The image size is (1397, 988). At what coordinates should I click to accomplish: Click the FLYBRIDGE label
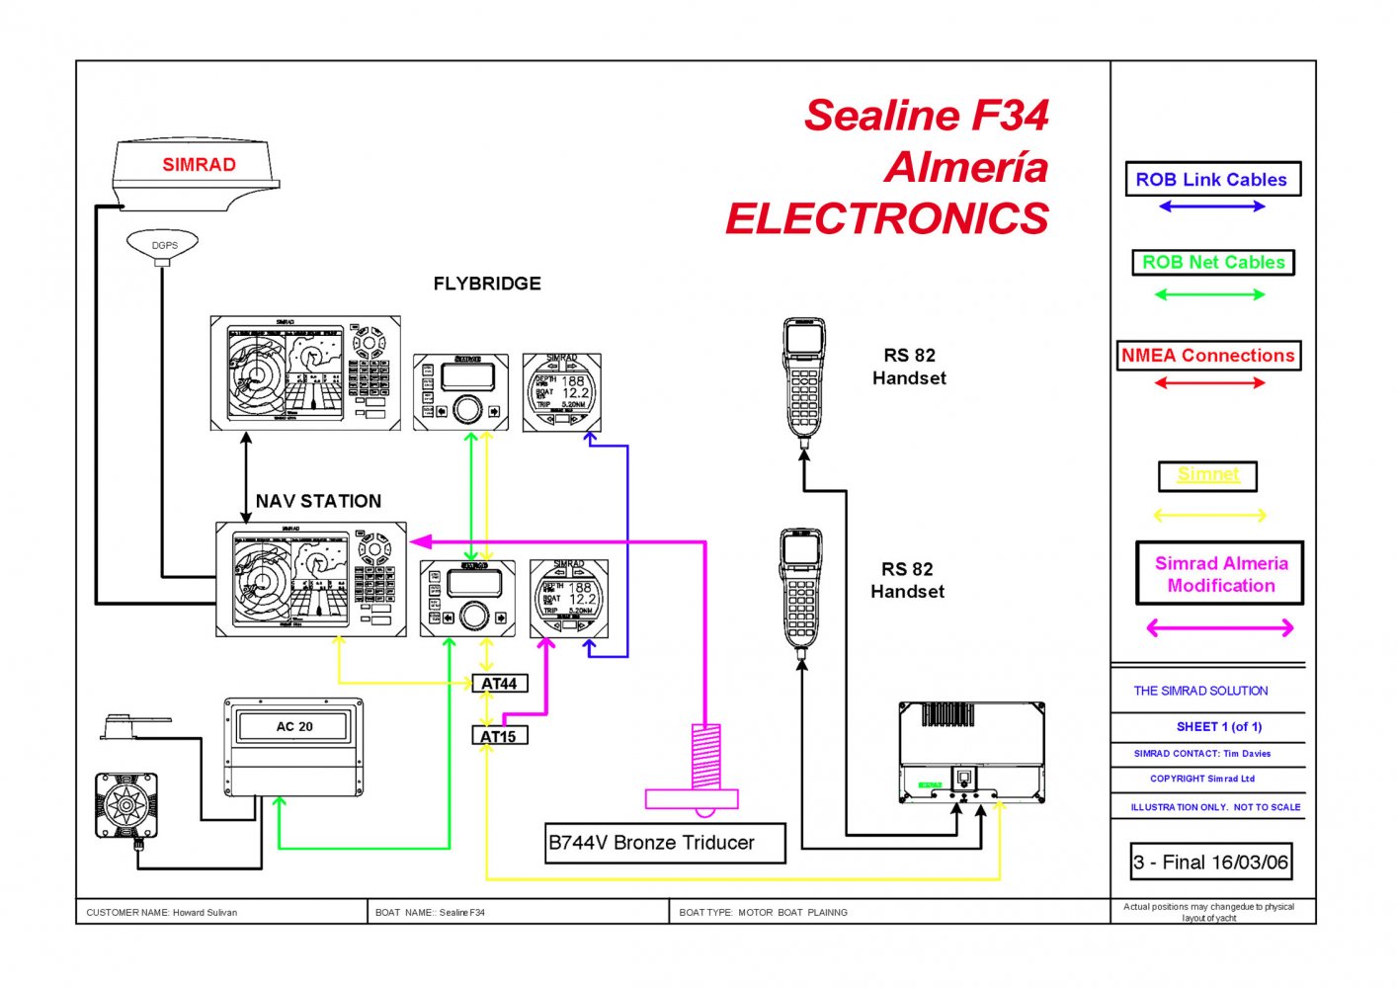pos(487,284)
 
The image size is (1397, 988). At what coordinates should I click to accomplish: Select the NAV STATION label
pos(318,501)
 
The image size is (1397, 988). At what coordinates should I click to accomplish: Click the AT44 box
pos(499,684)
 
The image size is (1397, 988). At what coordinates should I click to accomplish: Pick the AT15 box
pos(499,736)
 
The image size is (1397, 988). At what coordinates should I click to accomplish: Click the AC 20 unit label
pos(294,726)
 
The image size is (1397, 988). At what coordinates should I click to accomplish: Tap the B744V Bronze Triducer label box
pos(665,843)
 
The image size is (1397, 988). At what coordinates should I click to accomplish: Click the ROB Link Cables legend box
pos(1212,180)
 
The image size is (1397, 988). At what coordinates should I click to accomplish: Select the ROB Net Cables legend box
pos(1212,263)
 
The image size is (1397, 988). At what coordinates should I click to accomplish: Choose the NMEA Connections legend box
pos(1208,356)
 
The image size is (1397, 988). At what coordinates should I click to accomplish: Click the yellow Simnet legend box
pos(1207,475)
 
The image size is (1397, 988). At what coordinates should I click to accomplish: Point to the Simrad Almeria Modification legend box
pos(1220,574)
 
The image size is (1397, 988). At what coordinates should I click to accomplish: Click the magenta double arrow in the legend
pos(1219,627)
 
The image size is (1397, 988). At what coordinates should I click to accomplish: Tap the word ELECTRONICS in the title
pos(886,218)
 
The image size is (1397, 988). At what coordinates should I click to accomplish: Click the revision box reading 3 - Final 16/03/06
pos(1210,862)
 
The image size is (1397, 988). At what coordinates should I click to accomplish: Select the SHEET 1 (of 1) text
pos(1218,727)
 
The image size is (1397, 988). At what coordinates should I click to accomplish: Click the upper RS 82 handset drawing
pos(804,380)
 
